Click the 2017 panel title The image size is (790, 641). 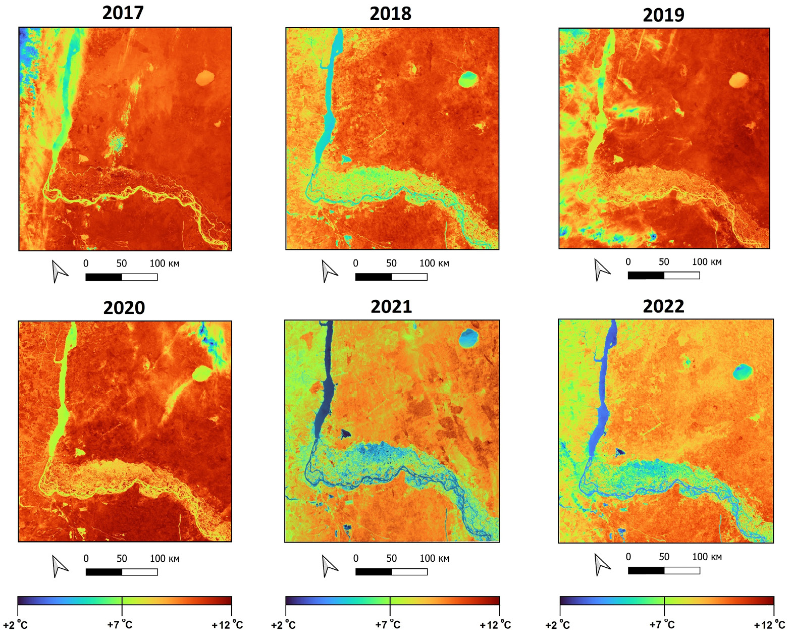click(x=123, y=13)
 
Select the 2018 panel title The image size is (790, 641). click(x=390, y=14)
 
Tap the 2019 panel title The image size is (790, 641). click(x=663, y=15)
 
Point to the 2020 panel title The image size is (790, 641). click(x=124, y=307)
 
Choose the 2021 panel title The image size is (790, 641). click(x=391, y=306)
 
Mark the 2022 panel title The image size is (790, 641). click(x=663, y=306)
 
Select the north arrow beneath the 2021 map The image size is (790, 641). click(x=329, y=566)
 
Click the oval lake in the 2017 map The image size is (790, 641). click(x=204, y=78)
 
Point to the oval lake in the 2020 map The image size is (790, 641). click(x=202, y=373)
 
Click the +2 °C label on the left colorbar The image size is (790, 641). click(x=15, y=625)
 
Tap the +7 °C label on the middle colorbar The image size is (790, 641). click(x=388, y=625)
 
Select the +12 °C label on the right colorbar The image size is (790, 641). click(x=769, y=625)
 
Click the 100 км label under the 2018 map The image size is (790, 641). click(x=434, y=263)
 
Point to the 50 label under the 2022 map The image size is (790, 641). click(x=664, y=557)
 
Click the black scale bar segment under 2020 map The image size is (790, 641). click(x=104, y=572)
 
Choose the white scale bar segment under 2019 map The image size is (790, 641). click(x=682, y=275)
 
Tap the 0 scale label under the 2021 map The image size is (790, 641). click(x=356, y=558)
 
